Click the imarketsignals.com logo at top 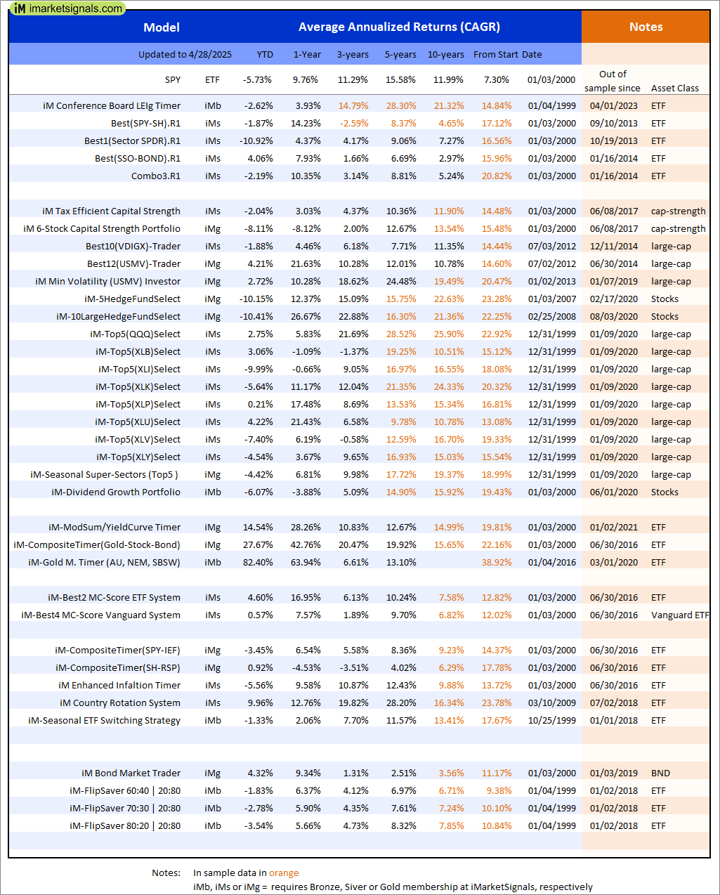click(x=67, y=8)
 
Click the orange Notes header click(x=646, y=27)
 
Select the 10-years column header click(x=446, y=55)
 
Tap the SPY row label click(x=173, y=80)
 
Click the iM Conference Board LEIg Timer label click(x=112, y=106)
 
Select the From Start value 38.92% click(x=497, y=563)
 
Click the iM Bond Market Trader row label click(x=131, y=773)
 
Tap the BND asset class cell click(x=660, y=773)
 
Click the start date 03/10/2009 click(x=551, y=703)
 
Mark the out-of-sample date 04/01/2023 click(x=614, y=106)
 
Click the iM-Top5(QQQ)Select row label click(x=135, y=334)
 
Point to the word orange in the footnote click(x=284, y=873)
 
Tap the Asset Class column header click(x=674, y=89)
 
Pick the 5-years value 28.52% click(x=400, y=334)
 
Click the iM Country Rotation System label click(x=120, y=703)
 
